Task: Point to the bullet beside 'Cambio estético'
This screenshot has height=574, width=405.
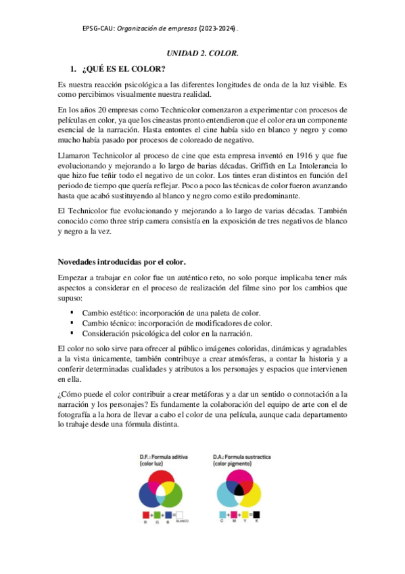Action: tap(72, 313)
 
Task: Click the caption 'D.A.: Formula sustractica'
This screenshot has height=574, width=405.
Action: tap(241, 458)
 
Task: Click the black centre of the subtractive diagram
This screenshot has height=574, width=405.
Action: tap(237, 489)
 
